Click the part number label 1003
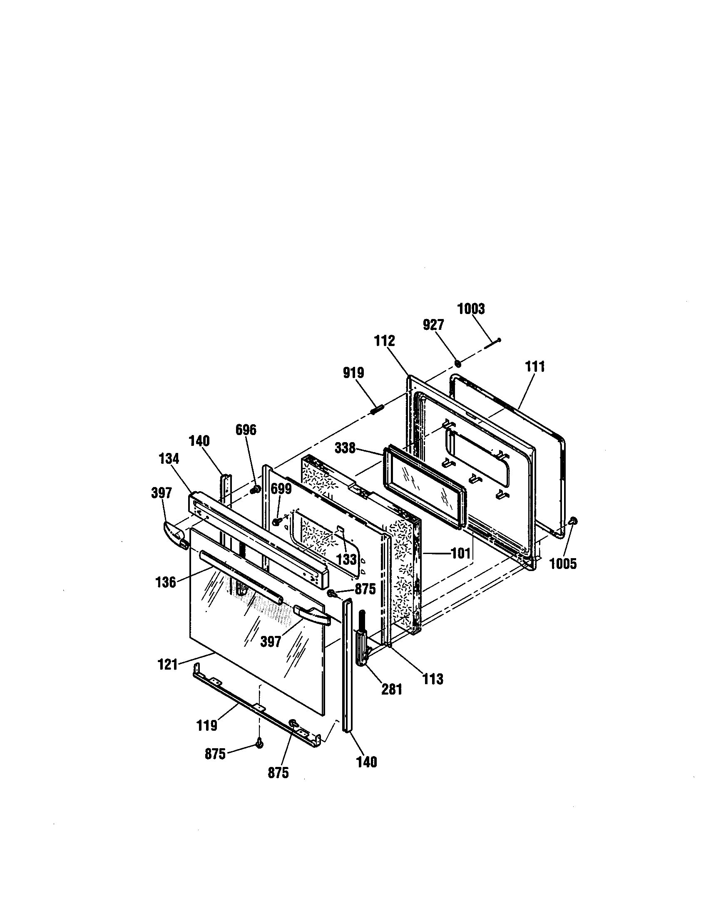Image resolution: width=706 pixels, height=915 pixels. coord(471,309)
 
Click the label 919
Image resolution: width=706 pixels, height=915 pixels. coord(353,373)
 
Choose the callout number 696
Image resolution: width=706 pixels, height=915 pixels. coord(246,430)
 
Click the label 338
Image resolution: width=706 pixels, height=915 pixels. coord(345,449)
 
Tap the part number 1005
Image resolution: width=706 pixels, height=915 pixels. coord(563,564)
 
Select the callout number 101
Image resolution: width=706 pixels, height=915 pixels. coord(461,554)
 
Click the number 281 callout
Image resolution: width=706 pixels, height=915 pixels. coord(392,689)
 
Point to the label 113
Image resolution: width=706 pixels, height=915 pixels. coord(433,679)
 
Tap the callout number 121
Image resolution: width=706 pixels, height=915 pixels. coord(168,665)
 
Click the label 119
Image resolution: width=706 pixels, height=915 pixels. coord(207,725)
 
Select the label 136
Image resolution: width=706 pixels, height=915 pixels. coord(166,582)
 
